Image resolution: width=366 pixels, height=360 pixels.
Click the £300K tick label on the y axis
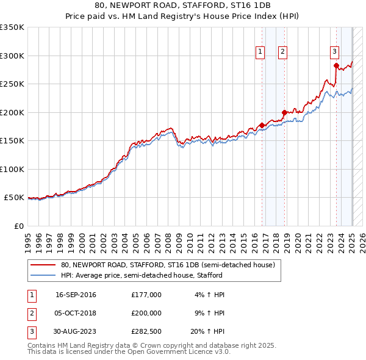pos(12,56)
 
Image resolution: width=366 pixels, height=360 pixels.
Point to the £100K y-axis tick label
pos(12,169)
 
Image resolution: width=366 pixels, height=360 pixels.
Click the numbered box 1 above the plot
pos(260,52)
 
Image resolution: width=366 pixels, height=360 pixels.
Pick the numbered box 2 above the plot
pos(282,52)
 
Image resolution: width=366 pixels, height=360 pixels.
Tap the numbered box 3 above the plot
pos(335,52)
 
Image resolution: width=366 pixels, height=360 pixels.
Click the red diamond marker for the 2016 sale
pos(262,126)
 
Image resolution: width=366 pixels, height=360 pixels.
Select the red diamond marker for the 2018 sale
pos(284,112)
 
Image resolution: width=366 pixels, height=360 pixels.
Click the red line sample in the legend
pos(43,265)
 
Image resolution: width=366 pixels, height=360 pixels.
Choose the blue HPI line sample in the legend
pos(43,275)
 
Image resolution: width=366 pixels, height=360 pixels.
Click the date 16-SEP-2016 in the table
pos(76,295)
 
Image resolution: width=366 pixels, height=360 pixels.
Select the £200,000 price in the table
pos(146,312)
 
